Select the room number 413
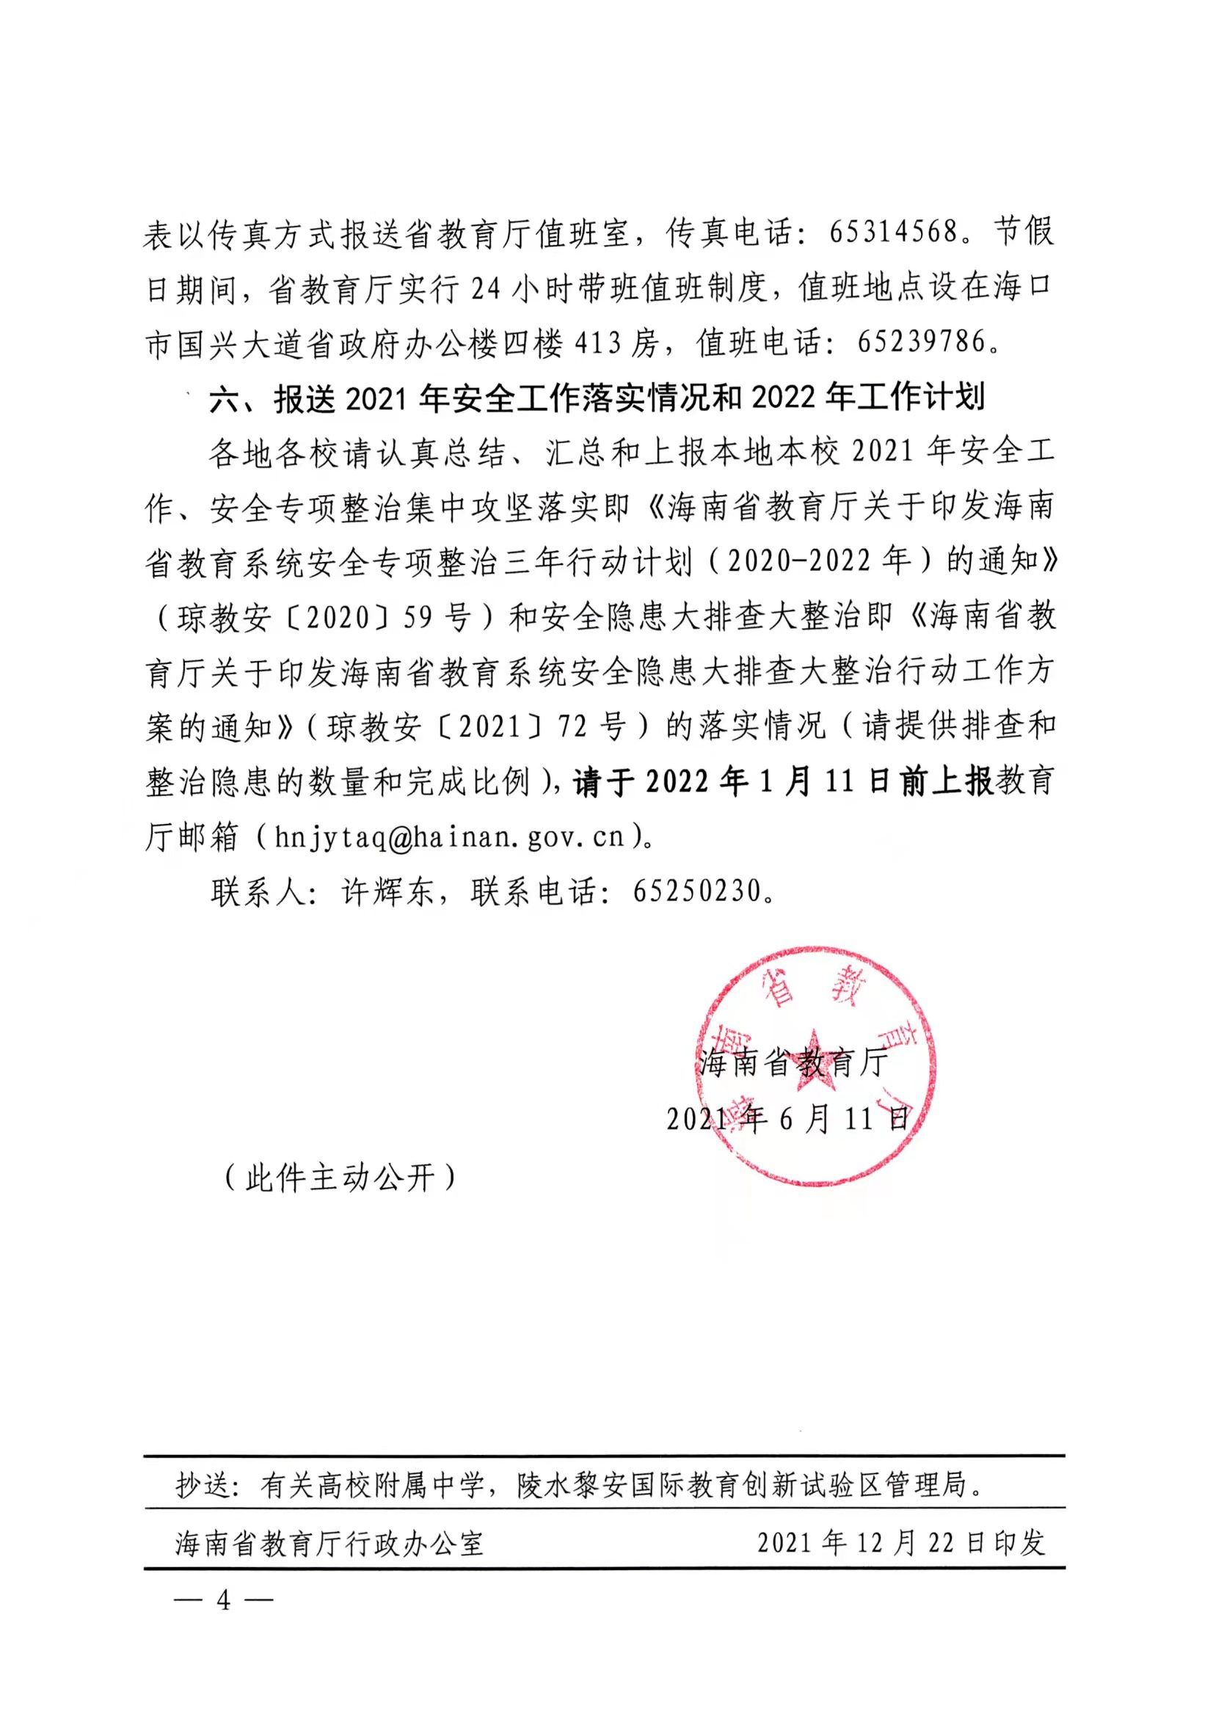click(598, 343)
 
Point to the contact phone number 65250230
click(697, 891)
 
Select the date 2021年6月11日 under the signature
click(787, 1120)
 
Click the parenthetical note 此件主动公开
click(340, 1178)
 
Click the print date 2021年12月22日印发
click(900, 1544)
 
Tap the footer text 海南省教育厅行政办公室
click(329, 1544)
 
